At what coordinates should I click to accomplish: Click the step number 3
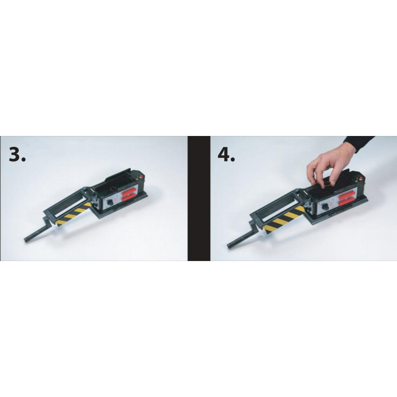(17, 154)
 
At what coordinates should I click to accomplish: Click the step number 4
(226, 154)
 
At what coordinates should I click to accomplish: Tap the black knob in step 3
(111, 203)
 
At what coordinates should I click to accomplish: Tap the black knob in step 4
(325, 207)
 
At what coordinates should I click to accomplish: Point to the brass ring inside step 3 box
(114, 189)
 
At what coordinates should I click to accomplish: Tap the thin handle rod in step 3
(39, 231)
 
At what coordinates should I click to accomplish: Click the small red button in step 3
(138, 176)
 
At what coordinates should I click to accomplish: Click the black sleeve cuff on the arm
(359, 143)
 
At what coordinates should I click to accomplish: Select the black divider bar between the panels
(199, 198)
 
